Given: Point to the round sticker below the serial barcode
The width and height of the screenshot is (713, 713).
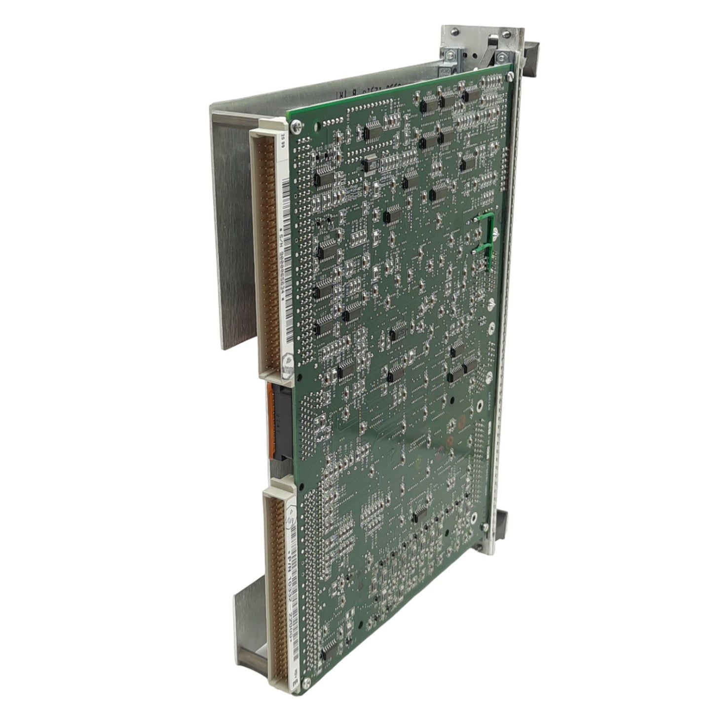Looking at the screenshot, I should click(x=288, y=365).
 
